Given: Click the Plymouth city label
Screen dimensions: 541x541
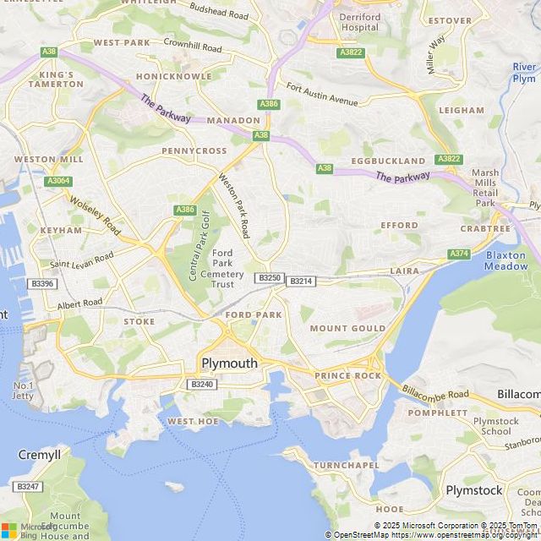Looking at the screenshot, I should [229, 363].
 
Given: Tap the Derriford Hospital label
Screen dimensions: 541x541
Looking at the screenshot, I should [359, 22].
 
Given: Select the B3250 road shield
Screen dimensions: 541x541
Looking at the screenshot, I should [270, 277].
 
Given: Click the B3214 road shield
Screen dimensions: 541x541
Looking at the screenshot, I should [300, 281].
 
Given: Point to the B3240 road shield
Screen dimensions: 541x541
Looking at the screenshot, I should [202, 384].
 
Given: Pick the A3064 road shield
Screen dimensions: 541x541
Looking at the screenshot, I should [58, 181].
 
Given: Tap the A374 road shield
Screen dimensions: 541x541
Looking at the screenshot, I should [459, 254].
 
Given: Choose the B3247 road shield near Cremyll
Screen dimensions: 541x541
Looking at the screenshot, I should [28, 486].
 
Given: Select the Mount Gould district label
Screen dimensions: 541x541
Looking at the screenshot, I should [347, 328].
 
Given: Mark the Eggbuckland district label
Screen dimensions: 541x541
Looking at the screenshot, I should [388, 161].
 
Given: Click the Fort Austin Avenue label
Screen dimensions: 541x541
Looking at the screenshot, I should [322, 93].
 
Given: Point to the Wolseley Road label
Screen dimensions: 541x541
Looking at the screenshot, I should [95, 215].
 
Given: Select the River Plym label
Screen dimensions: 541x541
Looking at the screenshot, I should [524, 73].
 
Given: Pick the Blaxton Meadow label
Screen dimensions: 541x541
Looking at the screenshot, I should [506, 260].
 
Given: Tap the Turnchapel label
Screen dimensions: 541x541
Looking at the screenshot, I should [346, 466].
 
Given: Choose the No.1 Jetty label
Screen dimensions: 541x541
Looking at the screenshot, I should [23, 391].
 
